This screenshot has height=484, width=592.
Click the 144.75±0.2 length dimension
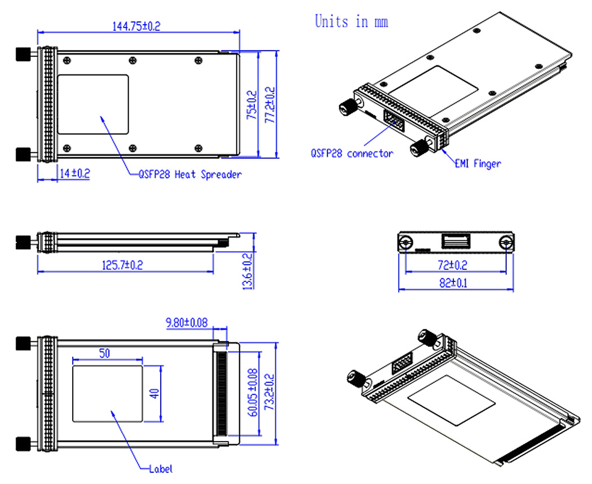pyautogui.click(x=136, y=26)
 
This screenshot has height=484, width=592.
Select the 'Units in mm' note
pyautogui.click(x=351, y=22)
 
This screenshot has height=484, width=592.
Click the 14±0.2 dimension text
pyautogui.click(x=74, y=174)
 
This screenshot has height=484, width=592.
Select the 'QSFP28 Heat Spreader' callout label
pyautogui.click(x=190, y=175)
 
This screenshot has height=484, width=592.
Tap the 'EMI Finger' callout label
pyautogui.click(x=478, y=164)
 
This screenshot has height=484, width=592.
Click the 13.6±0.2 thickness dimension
pyautogui.click(x=246, y=271)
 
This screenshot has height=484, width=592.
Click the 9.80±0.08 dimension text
pyautogui.click(x=186, y=323)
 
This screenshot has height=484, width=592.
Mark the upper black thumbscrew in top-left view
pyautogui.click(x=23, y=54)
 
